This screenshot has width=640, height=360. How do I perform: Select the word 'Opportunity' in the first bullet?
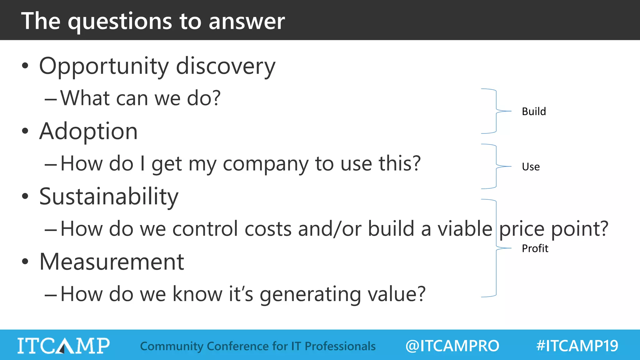[104, 67]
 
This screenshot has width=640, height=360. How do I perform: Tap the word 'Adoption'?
[88, 131]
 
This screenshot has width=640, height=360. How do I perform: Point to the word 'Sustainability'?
[109, 197]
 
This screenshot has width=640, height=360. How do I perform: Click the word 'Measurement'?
[112, 262]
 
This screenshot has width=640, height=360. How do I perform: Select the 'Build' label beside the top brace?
[534, 112]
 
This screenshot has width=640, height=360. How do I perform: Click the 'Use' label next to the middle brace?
[531, 167]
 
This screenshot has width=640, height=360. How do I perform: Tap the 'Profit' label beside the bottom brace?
[535, 248]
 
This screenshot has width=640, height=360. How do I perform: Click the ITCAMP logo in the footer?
[63, 346]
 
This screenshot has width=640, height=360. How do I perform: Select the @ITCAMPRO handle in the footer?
[452, 346]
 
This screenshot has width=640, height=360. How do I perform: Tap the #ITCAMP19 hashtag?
[577, 346]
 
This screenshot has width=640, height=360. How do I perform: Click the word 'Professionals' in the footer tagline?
[340, 346]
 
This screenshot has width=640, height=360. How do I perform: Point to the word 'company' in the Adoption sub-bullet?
[265, 164]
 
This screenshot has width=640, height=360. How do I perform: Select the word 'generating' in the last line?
[310, 295]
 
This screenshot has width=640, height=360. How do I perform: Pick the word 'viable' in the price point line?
[465, 229]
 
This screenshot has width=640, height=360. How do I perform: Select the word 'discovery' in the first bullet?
[226, 67]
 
